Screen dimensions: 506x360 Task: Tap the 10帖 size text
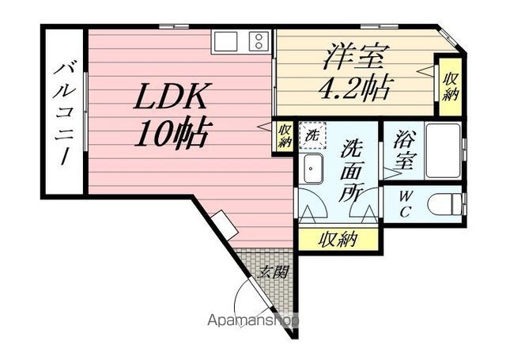171,135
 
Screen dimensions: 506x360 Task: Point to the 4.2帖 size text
355,88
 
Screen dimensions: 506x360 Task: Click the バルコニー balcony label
63,114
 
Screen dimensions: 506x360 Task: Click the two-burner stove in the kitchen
259,42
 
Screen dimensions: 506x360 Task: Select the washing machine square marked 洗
312,135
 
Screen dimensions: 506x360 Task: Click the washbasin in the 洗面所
313,169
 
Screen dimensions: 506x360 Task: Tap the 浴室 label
404,150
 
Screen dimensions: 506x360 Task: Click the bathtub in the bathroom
443,150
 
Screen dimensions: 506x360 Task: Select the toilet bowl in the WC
445,204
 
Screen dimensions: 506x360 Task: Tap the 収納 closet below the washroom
338,240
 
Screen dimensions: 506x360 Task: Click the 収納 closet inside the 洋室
451,86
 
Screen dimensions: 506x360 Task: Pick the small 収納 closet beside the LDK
285,136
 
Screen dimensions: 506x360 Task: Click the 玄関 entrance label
273,272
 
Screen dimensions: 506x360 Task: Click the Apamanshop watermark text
253,320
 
